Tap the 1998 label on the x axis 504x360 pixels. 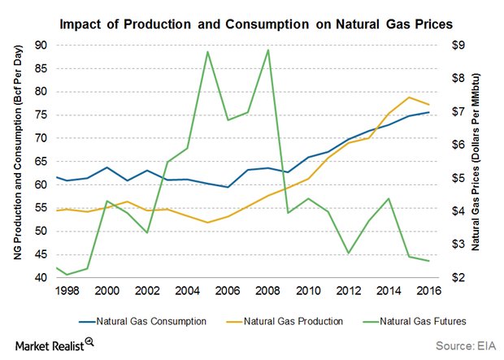point(67,290)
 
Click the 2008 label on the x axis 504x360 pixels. point(268,290)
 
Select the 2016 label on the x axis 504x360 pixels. point(428,290)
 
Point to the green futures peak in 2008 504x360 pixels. point(268,50)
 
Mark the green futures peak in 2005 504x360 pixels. point(208,52)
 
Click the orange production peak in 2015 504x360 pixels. point(409,98)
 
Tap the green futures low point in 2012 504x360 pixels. point(349,253)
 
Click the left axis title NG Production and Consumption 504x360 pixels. point(17,161)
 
